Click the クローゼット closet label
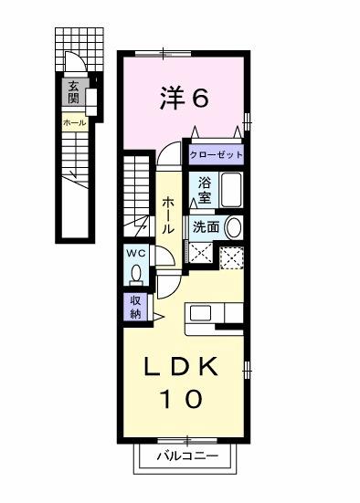point(217,155)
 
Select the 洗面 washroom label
point(206,228)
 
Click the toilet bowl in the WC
point(136,273)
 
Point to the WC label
point(136,253)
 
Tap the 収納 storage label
point(134,307)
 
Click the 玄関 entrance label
point(72,92)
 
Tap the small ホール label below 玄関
point(73,121)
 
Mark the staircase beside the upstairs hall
point(136,192)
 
